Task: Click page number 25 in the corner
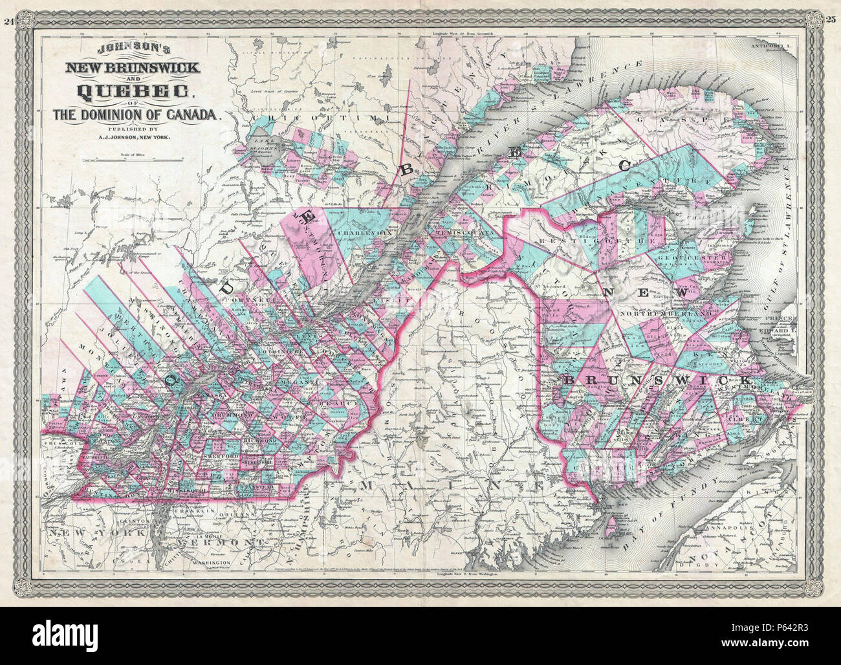[x=832, y=21]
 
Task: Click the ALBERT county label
[x=741, y=418]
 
